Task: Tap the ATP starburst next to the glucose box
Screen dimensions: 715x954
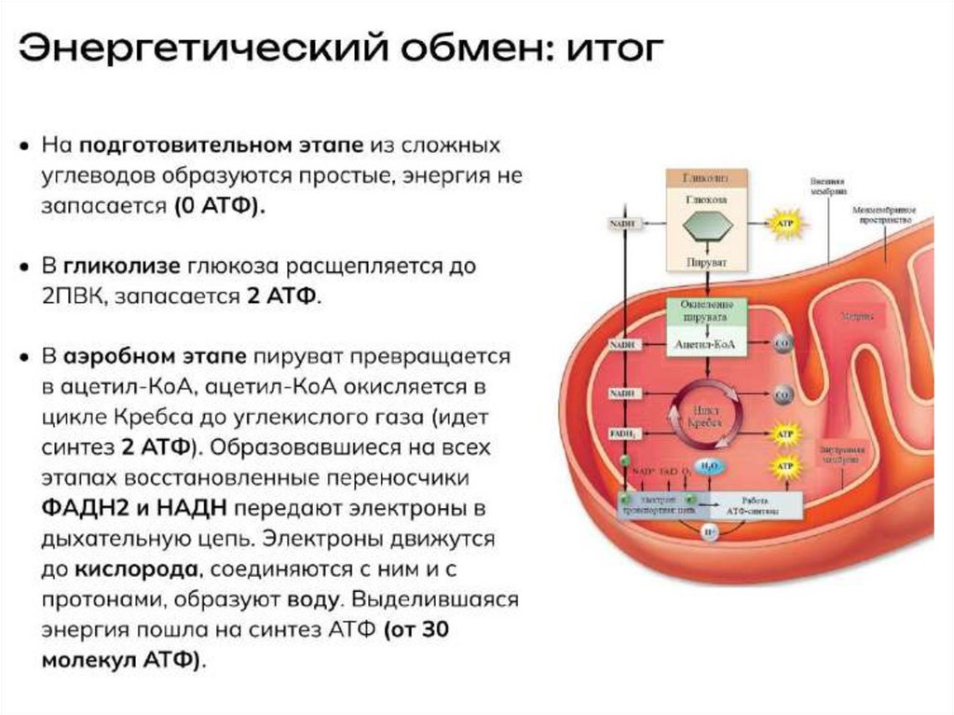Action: click(784, 224)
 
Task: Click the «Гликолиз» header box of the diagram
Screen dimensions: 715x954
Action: click(707, 177)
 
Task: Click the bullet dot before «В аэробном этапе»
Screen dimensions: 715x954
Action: click(22, 357)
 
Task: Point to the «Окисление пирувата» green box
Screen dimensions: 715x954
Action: click(707, 310)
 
